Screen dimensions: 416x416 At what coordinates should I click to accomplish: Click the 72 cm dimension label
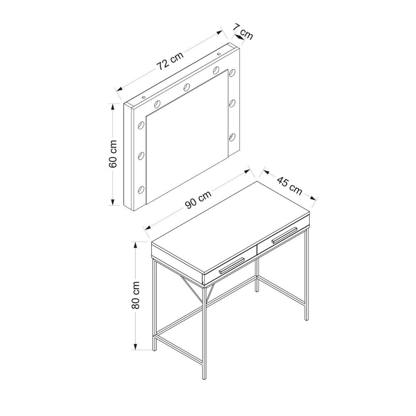point(170,61)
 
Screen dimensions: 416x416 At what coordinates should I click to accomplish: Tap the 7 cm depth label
point(243,31)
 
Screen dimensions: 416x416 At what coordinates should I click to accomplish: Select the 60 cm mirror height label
point(113,154)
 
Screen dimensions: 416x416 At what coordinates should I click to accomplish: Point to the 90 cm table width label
point(198,200)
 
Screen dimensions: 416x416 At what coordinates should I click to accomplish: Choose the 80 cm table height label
point(135,295)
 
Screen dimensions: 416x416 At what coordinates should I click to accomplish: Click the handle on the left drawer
point(232,265)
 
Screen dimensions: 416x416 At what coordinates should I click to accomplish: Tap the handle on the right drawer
point(284,235)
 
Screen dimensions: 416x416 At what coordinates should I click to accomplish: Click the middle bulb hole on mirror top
point(187,87)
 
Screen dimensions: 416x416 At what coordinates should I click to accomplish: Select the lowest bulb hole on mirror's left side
point(141,189)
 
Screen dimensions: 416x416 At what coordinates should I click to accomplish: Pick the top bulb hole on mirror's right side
point(233,72)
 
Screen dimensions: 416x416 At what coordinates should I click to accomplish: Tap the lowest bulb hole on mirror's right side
point(233,136)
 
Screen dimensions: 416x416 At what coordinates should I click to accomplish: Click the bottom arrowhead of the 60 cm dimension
point(113,202)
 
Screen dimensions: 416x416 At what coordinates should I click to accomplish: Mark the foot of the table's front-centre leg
point(204,378)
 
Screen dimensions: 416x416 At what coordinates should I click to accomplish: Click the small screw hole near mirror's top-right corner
point(219,54)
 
